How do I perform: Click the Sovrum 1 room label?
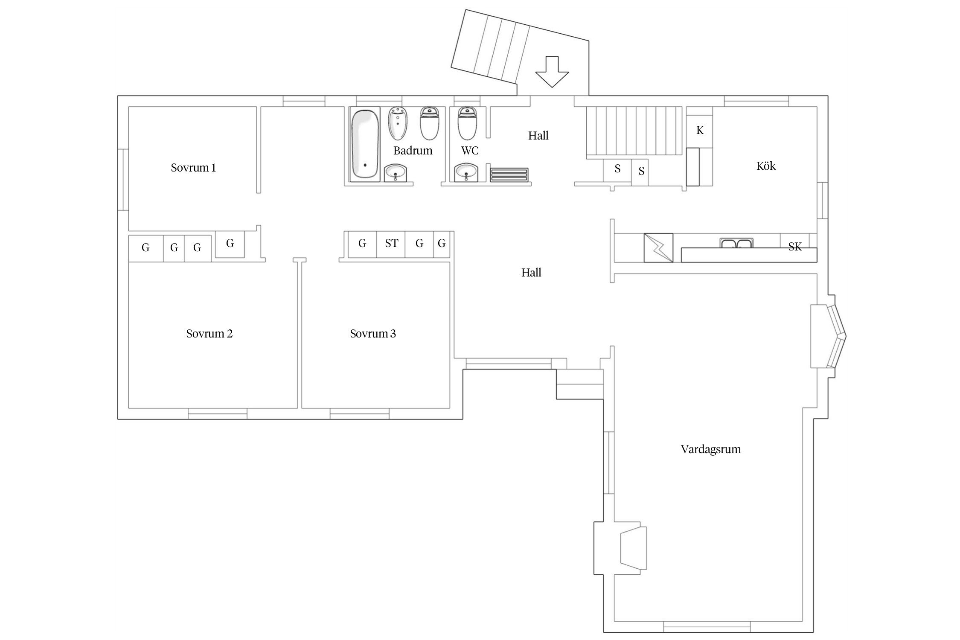click(x=193, y=168)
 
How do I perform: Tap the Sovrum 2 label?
click(x=209, y=334)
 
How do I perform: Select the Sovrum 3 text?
click(x=373, y=334)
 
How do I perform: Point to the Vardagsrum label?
click(x=711, y=449)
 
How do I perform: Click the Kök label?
click(x=766, y=166)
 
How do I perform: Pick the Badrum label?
click(x=413, y=151)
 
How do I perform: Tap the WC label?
click(x=470, y=151)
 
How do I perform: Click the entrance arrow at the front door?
click(x=552, y=72)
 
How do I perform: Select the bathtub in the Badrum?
click(x=365, y=144)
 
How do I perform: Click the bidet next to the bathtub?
click(x=398, y=123)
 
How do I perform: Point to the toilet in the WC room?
click(x=467, y=123)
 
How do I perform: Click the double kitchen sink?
click(x=736, y=243)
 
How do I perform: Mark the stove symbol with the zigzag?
click(x=658, y=247)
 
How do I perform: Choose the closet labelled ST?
click(x=391, y=244)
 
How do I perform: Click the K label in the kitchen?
click(x=700, y=131)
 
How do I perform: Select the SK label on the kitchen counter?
click(x=795, y=247)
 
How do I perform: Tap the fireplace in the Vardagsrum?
click(x=634, y=547)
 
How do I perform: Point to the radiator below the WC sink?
click(x=509, y=175)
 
